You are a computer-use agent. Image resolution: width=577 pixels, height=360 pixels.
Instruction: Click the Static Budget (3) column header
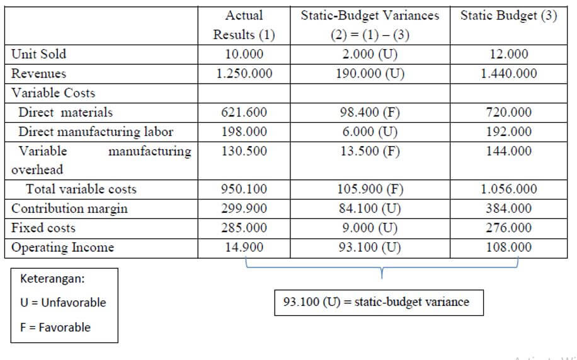click(x=508, y=16)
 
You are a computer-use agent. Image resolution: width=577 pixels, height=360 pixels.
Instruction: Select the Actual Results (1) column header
click(x=244, y=25)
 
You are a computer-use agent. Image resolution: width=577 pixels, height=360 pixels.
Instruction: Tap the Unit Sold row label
click(x=39, y=54)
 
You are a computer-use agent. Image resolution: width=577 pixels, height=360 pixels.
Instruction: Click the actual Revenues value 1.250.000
click(x=244, y=74)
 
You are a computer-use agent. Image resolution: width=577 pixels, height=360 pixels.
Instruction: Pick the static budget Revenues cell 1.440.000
click(x=508, y=74)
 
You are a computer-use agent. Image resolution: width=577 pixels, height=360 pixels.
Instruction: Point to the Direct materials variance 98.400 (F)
click(x=370, y=113)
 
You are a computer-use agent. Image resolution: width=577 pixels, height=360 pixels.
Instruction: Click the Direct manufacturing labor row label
click(x=96, y=132)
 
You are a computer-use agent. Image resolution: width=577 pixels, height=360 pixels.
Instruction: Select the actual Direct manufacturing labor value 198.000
click(x=244, y=132)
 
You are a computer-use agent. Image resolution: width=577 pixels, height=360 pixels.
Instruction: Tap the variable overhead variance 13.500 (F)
click(x=370, y=151)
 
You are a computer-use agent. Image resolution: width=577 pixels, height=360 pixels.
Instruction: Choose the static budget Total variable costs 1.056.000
click(x=508, y=189)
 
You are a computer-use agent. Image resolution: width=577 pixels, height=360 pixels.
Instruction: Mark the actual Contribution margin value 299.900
click(x=244, y=208)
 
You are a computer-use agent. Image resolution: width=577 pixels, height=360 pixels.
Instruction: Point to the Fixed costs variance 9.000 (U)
click(x=370, y=228)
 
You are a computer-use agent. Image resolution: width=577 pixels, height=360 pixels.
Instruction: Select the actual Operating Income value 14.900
click(x=244, y=247)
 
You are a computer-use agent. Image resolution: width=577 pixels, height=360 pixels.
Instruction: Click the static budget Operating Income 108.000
click(x=508, y=247)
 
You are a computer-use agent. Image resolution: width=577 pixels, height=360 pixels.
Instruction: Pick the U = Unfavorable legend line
click(x=63, y=303)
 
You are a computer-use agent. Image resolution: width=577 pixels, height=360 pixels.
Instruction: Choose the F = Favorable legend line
click(x=55, y=327)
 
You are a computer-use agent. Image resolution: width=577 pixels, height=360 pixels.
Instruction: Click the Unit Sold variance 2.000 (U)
click(x=370, y=54)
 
